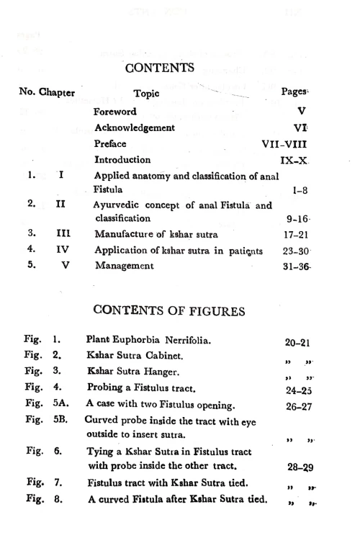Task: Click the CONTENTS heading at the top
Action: [x=160, y=68]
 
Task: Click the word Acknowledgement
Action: [x=135, y=127]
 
